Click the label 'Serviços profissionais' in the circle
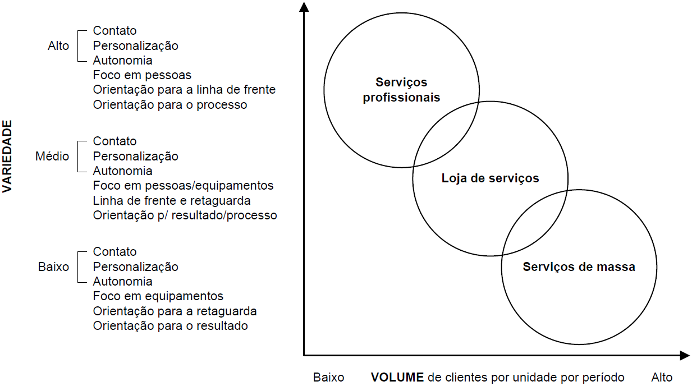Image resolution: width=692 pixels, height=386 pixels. pyautogui.click(x=401, y=90)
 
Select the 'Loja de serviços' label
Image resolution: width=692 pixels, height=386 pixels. pyautogui.click(x=490, y=178)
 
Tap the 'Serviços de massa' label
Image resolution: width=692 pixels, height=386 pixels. pyautogui.click(x=579, y=266)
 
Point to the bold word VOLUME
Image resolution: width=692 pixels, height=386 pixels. pyautogui.click(x=397, y=377)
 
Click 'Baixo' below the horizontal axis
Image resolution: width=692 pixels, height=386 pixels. pyautogui.click(x=328, y=377)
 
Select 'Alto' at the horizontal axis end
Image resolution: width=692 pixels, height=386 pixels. pyautogui.click(x=662, y=377)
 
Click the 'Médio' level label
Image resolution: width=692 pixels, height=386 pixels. pyautogui.click(x=52, y=156)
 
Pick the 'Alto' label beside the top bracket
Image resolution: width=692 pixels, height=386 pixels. pyautogui.click(x=58, y=45)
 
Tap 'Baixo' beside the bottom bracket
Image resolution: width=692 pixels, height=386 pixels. pyautogui.click(x=54, y=266)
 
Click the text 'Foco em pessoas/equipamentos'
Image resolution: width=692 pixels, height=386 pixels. pyautogui.click(x=183, y=185)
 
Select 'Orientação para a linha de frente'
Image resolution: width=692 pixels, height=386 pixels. pyautogui.click(x=184, y=89)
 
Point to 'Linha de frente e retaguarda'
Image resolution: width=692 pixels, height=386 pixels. pyautogui.click(x=172, y=200)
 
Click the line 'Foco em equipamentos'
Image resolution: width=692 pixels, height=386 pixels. pyautogui.click(x=158, y=296)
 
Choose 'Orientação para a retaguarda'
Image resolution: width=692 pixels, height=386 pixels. pyautogui.click(x=175, y=311)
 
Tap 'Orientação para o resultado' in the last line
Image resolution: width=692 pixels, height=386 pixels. pyautogui.click(x=170, y=325)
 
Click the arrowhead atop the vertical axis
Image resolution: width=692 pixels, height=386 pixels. pyautogui.click(x=304, y=7)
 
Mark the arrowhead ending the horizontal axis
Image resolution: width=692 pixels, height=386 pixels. pyautogui.click(x=684, y=355)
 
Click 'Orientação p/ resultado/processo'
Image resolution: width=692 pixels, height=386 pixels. pyautogui.click(x=185, y=215)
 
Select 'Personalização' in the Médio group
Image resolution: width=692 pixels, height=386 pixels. pyautogui.click(x=135, y=156)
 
